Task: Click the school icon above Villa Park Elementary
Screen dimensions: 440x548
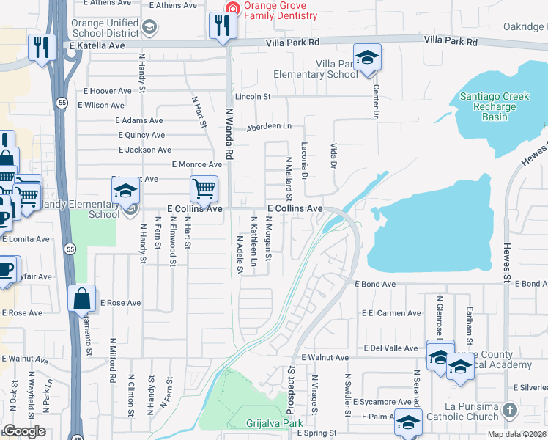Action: point(367,56)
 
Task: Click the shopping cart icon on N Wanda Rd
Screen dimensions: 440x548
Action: point(204,188)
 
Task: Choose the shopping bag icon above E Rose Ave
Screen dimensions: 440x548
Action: point(81,298)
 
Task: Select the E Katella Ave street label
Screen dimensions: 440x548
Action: point(99,45)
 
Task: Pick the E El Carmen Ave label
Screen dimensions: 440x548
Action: point(391,313)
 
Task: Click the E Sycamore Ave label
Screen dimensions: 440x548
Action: point(382,402)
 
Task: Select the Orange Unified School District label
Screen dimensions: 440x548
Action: point(105,28)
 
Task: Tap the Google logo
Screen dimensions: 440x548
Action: point(23,431)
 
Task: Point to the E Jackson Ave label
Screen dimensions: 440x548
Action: point(144,150)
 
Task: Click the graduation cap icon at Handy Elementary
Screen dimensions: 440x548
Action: point(125,193)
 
